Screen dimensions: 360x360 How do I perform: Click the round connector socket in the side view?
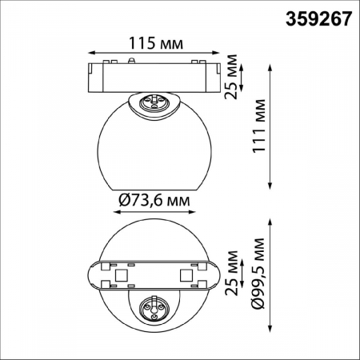pyautogui.click(x=154, y=102)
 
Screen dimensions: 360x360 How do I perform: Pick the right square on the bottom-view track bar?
pyautogui.click(x=186, y=275)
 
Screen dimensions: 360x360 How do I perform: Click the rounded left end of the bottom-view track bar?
pyautogui.click(x=91, y=274)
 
